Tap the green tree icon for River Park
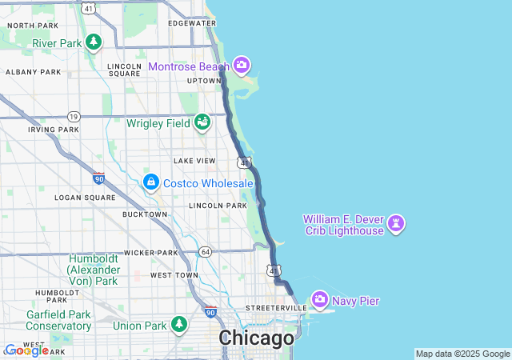click(x=94, y=42)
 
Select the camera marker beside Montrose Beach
click(x=242, y=66)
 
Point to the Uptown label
click(x=204, y=81)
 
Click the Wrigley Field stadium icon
click(x=202, y=122)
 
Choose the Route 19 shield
click(x=74, y=116)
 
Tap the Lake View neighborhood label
click(x=194, y=161)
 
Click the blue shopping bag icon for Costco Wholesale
click(x=150, y=183)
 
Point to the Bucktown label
click(x=145, y=214)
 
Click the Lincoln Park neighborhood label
click(x=218, y=206)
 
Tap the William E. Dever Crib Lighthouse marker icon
click(x=396, y=224)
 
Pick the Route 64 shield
click(x=206, y=252)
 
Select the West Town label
click(x=174, y=275)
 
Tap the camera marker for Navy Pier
click(x=320, y=301)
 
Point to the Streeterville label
click(x=276, y=308)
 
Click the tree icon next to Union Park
click(x=180, y=325)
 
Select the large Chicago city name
click(x=257, y=338)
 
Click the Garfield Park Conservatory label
click(x=58, y=320)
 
